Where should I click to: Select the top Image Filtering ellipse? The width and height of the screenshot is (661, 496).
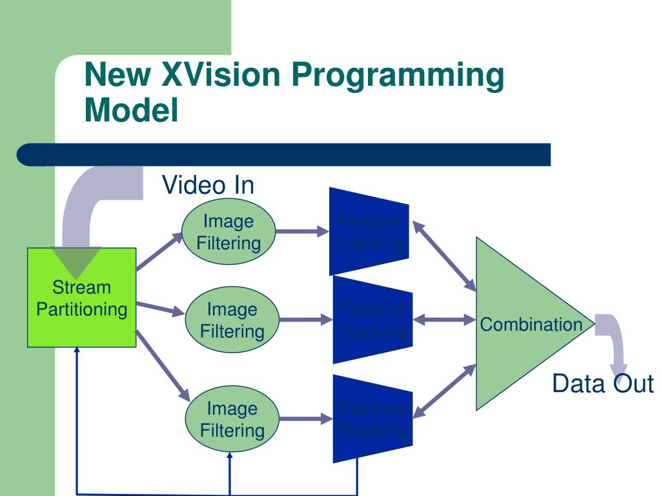tap(229, 232)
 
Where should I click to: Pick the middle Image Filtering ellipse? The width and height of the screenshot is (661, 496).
tap(232, 320)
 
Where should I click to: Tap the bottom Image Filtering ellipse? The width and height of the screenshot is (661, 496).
tap(232, 419)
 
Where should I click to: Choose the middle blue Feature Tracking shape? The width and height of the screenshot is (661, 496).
tap(372, 320)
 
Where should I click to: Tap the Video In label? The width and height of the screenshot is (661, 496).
tap(208, 185)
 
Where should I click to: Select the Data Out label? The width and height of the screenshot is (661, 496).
tap(602, 384)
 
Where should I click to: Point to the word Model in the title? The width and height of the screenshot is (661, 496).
tap(131, 110)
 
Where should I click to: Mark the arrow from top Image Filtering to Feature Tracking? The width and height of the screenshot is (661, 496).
tap(302, 231)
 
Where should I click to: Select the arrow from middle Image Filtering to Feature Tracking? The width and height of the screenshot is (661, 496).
tap(305, 320)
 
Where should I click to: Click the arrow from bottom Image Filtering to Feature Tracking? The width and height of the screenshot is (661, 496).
tap(305, 419)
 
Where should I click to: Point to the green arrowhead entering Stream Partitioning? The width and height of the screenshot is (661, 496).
tap(76, 261)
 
